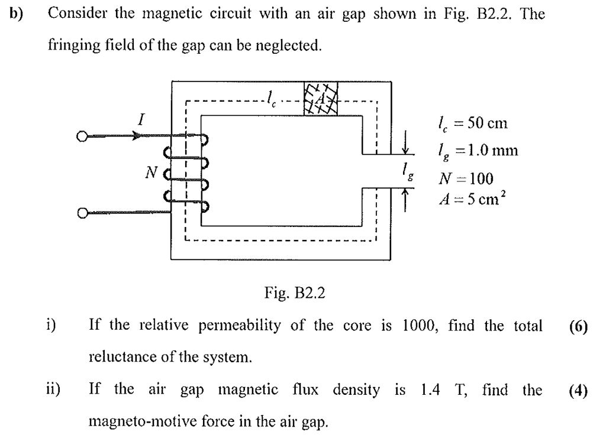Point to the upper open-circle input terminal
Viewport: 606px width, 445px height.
[82, 137]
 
